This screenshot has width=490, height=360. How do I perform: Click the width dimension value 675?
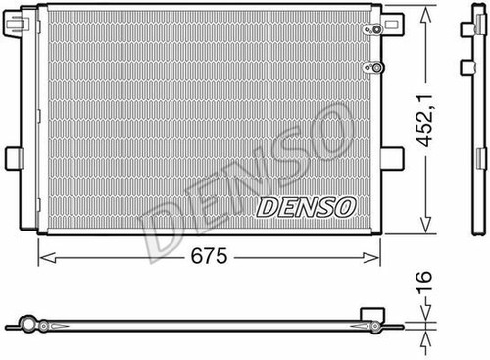pyautogui.click(x=208, y=257)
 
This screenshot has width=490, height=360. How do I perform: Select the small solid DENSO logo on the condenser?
pyautogui.click(x=305, y=207)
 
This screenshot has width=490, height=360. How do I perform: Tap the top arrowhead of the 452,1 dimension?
pyautogui.click(x=426, y=14)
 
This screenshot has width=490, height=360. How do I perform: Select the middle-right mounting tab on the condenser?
pyautogui.click(x=393, y=157)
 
